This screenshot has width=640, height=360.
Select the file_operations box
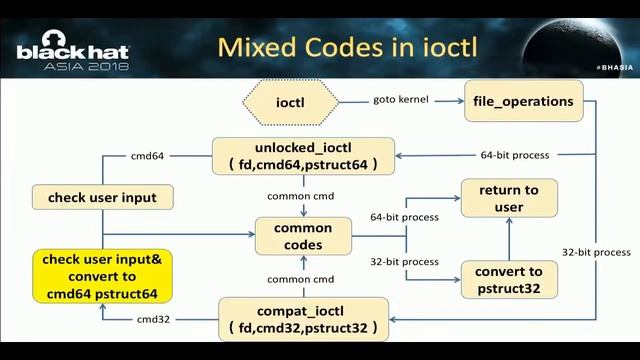(x=523, y=101)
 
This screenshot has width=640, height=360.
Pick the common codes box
(x=302, y=236)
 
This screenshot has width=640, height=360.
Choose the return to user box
(x=508, y=198)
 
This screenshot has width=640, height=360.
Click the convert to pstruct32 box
(x=508, y=279)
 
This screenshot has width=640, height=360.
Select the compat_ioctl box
(x=302, y=318)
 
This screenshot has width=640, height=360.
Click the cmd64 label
(x=147, y=156)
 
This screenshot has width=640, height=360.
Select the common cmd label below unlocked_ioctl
(x=302, y=195)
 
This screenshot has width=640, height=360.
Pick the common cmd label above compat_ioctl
(x=302, y=278)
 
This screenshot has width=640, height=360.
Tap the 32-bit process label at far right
(x=596, y=252)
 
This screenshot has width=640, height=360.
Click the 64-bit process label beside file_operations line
(x=513, y=156)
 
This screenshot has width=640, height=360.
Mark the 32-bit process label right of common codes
(x=404, y=262)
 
